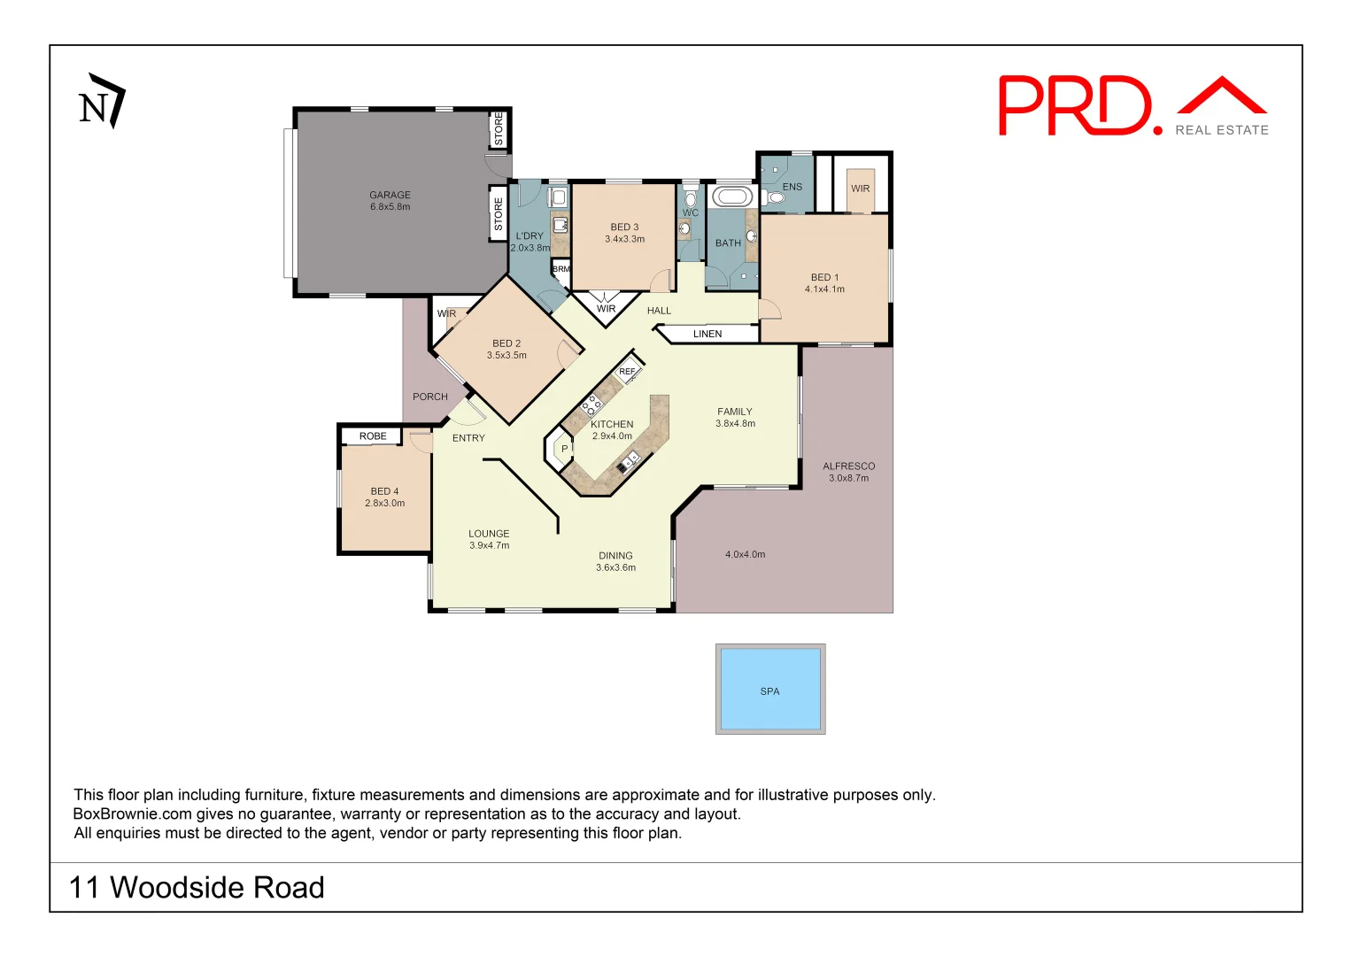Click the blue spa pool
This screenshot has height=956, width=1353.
[770, 690]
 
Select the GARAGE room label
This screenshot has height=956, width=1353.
[390, 195]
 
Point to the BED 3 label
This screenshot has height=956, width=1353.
[624, 227]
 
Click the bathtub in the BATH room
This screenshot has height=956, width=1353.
[732, 197]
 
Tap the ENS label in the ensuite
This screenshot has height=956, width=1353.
[792, 187]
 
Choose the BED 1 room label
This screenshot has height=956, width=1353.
[824, 277]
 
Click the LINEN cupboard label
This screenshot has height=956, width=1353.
[707, 334]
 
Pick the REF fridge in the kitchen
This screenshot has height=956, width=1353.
[627, 372]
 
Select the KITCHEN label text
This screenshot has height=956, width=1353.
[612, 424]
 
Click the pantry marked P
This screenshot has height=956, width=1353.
[564, 450]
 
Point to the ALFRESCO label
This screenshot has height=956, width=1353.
[848, 466]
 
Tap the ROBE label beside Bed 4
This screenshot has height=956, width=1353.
[373, 436]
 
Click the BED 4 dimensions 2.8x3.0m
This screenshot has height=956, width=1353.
[384, 504]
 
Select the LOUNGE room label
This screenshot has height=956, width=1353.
[489, 534]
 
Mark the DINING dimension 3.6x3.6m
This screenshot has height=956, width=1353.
[615, 568]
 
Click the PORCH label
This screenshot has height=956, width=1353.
[430, 397]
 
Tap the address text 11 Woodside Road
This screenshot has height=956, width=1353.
[197, 887]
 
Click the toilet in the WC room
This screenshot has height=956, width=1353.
[691, 198]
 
